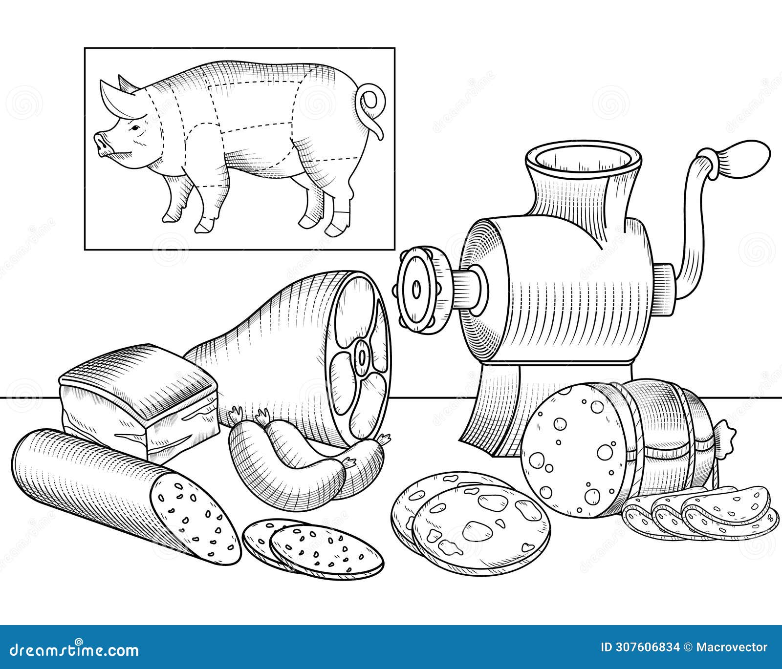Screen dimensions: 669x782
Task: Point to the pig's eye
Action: point(133,128)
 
